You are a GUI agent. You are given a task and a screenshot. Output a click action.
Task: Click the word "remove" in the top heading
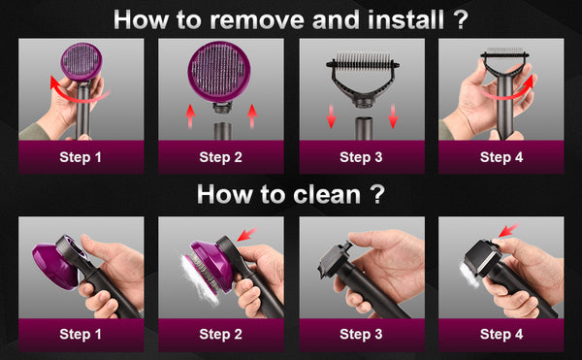[256, 20]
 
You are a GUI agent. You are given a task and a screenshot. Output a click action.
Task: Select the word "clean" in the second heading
[327, 194]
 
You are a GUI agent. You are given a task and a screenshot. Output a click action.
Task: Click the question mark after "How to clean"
[378, 194]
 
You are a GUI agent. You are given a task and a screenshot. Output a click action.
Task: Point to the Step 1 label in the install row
[81, 157]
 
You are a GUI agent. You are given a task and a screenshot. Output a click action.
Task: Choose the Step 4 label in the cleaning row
[501, 335]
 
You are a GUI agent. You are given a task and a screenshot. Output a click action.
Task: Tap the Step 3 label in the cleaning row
[361, 335]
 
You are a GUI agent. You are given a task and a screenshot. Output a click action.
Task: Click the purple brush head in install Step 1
[81, 61]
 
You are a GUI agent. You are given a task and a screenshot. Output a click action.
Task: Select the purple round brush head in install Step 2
[219, 71]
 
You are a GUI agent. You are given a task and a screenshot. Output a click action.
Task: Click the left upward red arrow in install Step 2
[190, 115]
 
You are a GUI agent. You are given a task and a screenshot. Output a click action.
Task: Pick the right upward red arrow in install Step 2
[252, 115]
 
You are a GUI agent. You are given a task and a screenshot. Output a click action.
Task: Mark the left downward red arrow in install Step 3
[331, 116]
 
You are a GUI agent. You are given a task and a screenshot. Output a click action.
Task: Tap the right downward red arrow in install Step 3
[393, 116]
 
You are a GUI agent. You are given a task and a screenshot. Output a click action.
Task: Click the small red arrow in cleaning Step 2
[246, 234]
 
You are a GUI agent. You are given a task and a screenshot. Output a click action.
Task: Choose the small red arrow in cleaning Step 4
[508, 231]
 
